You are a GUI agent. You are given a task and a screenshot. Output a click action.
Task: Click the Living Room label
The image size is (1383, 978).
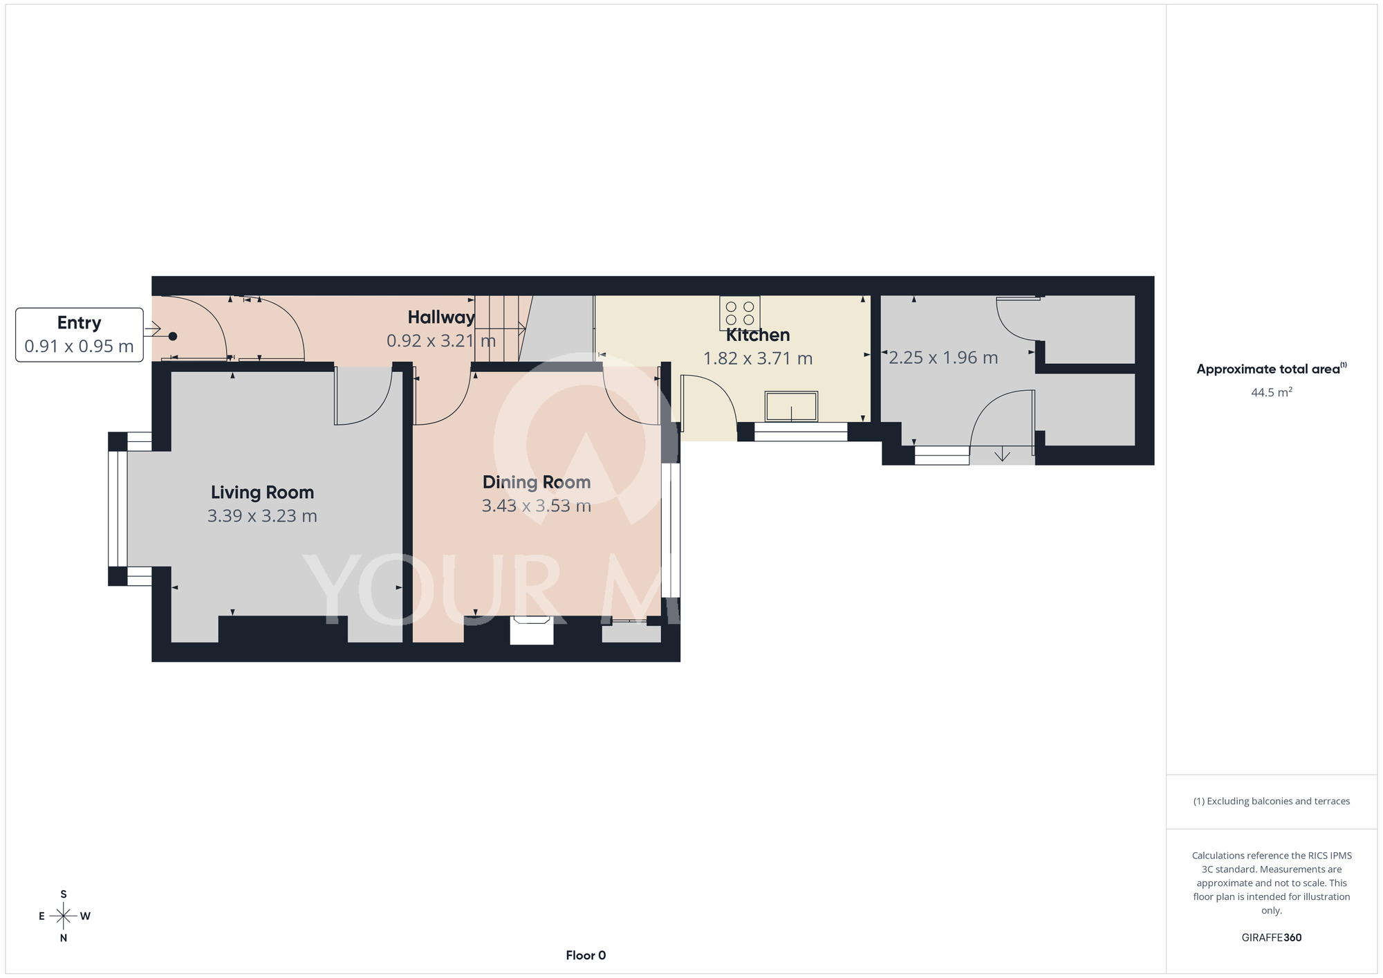point(262,492)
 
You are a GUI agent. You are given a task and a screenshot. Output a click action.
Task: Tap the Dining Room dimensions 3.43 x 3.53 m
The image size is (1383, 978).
point(537,506)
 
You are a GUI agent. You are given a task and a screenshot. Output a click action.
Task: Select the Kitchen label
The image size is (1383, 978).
point(758,335)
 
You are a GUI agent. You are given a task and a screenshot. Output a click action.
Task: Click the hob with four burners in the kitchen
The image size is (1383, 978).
point(740,313)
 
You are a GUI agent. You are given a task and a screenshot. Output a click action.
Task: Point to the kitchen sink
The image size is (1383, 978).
point(791,406)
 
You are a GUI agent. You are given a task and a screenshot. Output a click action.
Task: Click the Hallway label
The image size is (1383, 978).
point(441,317)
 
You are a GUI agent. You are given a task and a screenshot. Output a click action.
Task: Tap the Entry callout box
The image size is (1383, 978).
point(80,335)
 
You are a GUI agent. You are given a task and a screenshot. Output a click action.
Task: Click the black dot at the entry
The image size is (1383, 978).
point(173,336)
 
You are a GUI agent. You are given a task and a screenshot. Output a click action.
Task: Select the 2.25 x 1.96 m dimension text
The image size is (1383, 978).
point(943,358)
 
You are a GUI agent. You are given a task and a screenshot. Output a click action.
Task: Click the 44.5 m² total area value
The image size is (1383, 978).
point(1272,392)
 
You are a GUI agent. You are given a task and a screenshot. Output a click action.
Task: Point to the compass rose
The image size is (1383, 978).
point(64,916)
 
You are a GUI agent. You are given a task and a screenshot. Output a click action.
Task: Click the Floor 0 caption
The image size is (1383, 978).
point(586,955)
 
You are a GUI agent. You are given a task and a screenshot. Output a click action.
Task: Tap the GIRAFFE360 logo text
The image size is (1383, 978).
point(1272,938)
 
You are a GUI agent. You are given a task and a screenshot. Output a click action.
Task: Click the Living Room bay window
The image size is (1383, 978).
point(118,508)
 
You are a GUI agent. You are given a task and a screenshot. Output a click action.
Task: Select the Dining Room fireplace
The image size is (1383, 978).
point(532,630)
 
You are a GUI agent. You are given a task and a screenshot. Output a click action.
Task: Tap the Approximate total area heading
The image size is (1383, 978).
point(1272,369)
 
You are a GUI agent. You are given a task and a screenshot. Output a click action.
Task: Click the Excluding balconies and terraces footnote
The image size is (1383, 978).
point(1272,801)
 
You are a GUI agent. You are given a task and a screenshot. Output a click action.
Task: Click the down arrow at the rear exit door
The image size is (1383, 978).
point(1002,455)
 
